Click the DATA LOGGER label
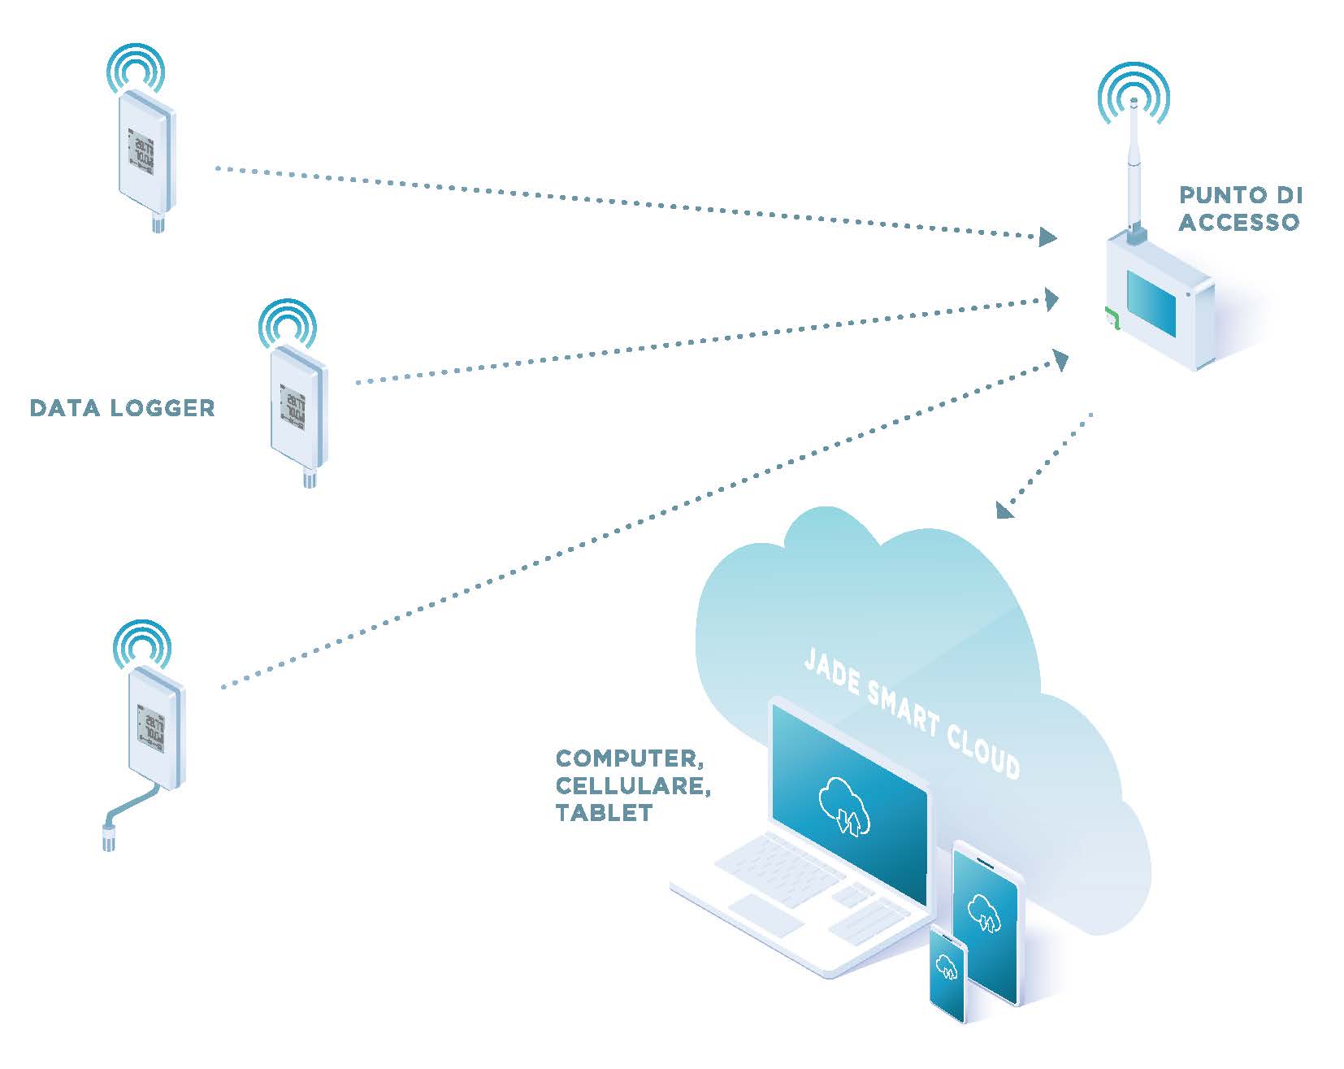pos(122,407)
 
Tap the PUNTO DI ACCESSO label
pos(1239,208)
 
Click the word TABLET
pos(604,813)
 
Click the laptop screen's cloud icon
pos(845,805)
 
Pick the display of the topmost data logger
pos(141,150)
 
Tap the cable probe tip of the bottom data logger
pos(108,837)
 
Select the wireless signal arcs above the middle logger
pos(287,324)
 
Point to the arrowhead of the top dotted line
pos(1047,237)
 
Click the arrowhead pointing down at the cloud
pos(1005,509)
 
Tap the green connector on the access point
pos(1111,318)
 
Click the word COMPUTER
pos(628,758)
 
